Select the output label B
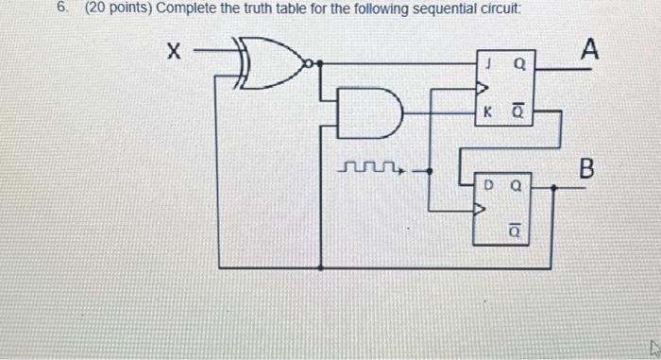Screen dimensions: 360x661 (586, 170)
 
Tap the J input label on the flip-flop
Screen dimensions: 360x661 (487, 67)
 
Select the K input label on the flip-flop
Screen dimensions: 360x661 (487, 113)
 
